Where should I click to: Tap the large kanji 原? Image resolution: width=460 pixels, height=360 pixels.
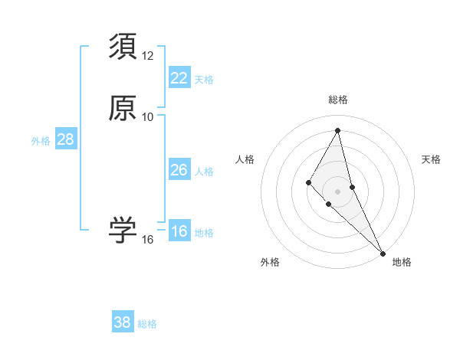click(123, 108)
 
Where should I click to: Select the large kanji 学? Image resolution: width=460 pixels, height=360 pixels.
click(123, 231)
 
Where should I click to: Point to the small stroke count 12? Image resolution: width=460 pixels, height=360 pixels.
click(148, 56)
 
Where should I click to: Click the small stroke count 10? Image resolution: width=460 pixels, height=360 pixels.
click(148, 117)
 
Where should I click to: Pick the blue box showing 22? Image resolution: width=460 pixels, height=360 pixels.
click(179, 77)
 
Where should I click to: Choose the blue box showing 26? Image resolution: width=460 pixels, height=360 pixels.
click(179, 169)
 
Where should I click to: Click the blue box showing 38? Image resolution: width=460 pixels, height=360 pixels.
click(123, 322)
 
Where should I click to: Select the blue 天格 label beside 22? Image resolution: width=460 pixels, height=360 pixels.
click(204, 79)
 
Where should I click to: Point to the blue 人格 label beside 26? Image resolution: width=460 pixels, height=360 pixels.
click(204, 171)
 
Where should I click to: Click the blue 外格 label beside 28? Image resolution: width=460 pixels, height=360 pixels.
click(41, 141)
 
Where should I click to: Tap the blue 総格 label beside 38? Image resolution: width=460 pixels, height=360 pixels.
click(147, 324)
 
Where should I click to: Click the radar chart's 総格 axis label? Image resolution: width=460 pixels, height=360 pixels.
click(338, 100)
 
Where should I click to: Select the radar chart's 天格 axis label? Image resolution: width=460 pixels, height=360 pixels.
click(432, 159)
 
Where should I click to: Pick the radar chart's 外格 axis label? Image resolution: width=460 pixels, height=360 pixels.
click(270, 262)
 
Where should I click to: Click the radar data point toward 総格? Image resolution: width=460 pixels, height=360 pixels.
click(338, 130)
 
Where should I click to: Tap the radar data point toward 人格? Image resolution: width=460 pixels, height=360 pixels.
click(308, 182)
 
